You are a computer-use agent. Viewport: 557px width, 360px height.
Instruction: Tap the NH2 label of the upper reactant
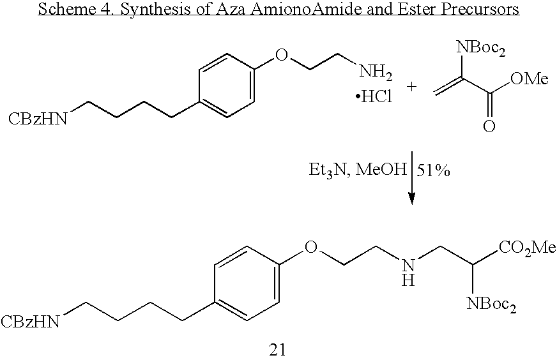click(376, 71)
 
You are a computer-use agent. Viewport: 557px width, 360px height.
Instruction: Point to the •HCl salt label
click(374, 96)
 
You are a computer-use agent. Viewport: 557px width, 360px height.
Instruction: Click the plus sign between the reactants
click(411, 86)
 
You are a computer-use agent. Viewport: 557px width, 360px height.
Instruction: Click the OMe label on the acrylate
click(530, 79)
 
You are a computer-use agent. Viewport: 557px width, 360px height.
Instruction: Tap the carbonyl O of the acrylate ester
click(489, 126)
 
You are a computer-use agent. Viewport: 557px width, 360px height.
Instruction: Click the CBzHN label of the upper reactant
click(38, 119)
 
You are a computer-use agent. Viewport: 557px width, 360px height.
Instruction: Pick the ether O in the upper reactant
click(281, 55)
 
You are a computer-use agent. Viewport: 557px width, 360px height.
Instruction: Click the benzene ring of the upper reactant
click(227, 86)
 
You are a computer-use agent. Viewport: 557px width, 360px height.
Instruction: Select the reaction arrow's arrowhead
click(412, 199)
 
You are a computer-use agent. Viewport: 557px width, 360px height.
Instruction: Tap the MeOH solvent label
click(381, 170)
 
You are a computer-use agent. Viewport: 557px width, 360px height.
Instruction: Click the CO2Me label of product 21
click(528, 248)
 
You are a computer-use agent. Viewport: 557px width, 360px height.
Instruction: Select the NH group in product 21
click(408, 272)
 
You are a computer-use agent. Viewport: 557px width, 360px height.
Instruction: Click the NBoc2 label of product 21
click(491, 304)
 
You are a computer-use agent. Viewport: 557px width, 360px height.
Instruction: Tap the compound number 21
click(277, 350)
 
